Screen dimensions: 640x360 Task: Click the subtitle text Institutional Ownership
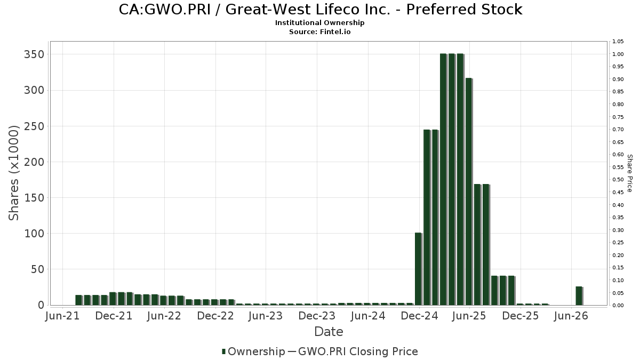point(319,23)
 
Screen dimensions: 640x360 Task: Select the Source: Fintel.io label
point(319,31)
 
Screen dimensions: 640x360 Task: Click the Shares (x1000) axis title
point(13,173)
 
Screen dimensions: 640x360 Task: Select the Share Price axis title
point(630,173)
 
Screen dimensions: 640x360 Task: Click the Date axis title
point(329,332)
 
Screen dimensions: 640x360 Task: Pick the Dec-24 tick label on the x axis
point(419,316)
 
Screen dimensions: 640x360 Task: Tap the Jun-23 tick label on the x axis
point(266,316)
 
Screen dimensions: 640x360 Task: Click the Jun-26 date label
point(571,316)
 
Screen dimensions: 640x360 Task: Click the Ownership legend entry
point(253,351)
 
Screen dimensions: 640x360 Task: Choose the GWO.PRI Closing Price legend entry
point(353,351)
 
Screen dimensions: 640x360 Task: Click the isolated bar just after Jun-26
point(579,296)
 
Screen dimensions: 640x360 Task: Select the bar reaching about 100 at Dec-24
point(418,269)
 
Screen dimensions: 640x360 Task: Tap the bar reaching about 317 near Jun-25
point(469,191)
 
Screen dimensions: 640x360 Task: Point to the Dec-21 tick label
point(114,316)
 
